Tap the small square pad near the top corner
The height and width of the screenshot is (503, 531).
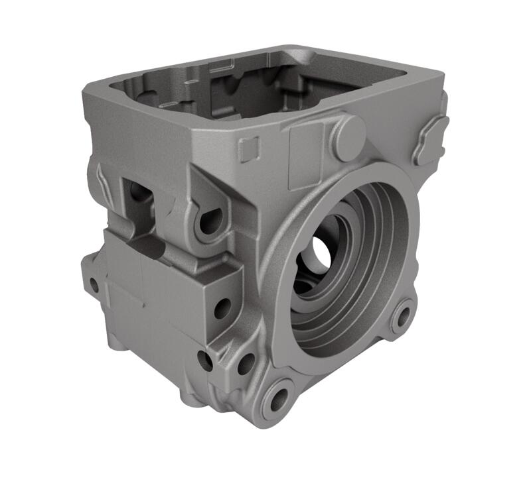248,148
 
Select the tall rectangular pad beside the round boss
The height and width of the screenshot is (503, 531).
307,148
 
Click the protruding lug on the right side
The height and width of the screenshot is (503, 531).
429,140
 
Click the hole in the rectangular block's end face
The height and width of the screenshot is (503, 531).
222,307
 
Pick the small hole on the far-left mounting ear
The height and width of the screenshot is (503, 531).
94,286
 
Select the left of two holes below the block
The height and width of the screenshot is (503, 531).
205,361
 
